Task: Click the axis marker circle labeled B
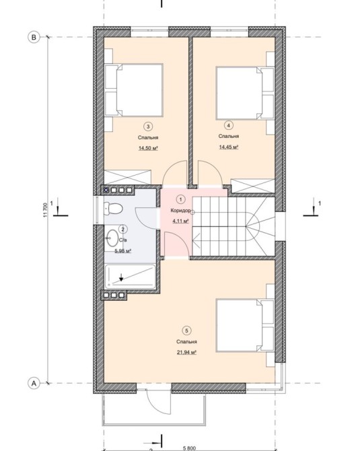click(x=34, y=38)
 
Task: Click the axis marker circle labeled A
click(x=34, y=384)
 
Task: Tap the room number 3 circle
click(x=148, y=127)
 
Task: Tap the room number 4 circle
click(x=229, y=125)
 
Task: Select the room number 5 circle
click(x=186, y=331)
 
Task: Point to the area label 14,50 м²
click(x=148, y=148)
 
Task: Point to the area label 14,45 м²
click(x=229, y=147)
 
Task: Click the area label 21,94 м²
click(x=186, y=352)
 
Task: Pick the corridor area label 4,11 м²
click(x=180, y=221)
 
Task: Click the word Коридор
click(x=180, y=211)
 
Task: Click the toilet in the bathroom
click(x=113, y=208)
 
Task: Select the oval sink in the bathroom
click(x=112, y=238)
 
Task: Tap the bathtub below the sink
click(x=130, y=277)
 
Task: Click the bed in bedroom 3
click(x=135, y=90)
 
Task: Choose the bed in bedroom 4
click(x=245, y=93)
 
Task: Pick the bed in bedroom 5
click(x=245, y=326)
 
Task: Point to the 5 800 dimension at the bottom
click(x=189, y=448)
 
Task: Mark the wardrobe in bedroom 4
click(x=253, y=186)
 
